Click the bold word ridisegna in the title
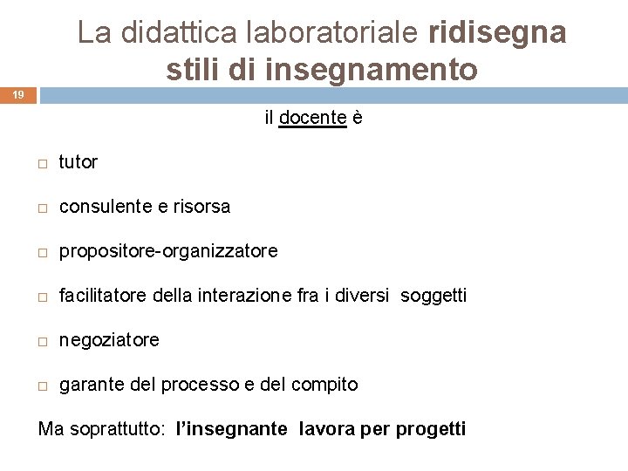click(x=498, y=32)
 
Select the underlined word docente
click(x=312, y=118)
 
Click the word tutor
click(x=78, y=161)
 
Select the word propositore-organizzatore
click(x=168, y=251)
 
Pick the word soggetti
click(x=433, y=297)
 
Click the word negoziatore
click(x=109, y=340)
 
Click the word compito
click(x=324, y=385)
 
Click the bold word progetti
click(x=431, y=429)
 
